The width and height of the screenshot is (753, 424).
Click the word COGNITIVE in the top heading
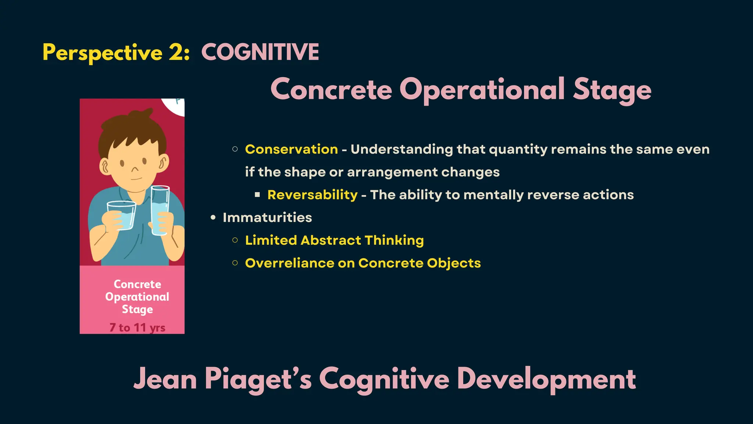[x=260, y=52]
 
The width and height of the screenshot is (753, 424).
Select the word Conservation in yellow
[x=291, y=149]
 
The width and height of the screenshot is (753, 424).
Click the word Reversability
[x=312, y=195]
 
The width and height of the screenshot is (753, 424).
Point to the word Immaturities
[x=267, y=218]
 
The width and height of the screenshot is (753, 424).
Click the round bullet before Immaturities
[x=213, y=218]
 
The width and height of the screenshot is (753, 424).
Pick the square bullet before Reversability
[x=257, y=195]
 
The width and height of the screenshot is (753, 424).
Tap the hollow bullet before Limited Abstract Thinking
[x=235, y=240]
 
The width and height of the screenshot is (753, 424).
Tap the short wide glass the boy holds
[x=121, y=215]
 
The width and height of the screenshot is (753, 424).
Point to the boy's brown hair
[x=132, y=129]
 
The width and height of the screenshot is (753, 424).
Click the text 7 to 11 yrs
[x=137, y=327]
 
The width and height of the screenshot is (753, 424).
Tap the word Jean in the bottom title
[x=165, y=379]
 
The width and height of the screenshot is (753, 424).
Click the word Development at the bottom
[x=546, y=379]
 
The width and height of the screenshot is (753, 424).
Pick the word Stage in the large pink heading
[x=612, y=89]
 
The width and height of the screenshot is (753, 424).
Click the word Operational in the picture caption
[x=137, y=297]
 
